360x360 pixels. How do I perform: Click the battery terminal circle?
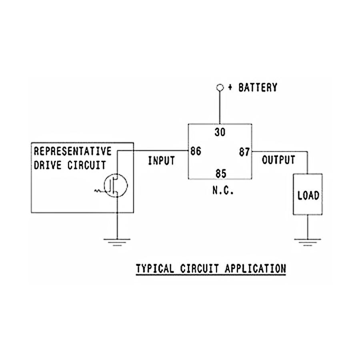tap(219, 87)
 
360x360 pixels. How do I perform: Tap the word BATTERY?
tap(258, 88)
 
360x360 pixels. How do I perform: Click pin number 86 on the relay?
tap(196, 152)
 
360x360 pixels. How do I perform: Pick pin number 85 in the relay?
tap(220, 174)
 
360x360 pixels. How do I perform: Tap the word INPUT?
tap(161, 161)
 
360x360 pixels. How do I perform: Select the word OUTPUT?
tap(278, 160)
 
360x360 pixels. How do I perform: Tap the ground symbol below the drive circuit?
tap(117, 241)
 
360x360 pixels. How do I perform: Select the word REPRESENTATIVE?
tap(72, 152)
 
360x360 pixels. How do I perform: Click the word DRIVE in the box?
tap(48, 165)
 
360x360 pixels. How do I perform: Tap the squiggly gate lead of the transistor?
tap(99, 191)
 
